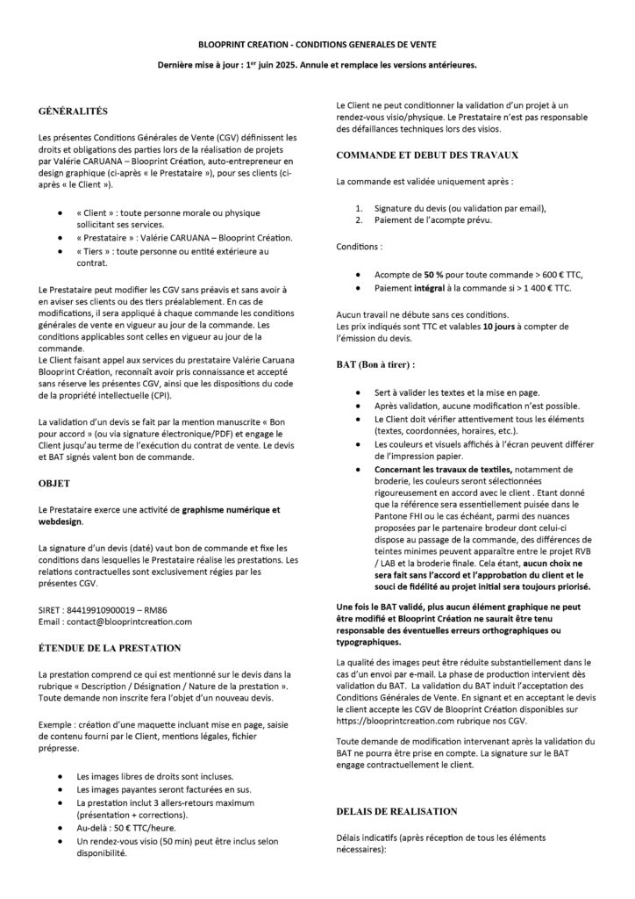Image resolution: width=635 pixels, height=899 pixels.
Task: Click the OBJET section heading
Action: tap(55, 483)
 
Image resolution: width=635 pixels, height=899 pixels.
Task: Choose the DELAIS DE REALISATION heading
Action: tap(396, 810)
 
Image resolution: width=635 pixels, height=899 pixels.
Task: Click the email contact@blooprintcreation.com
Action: tap(126, 622)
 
